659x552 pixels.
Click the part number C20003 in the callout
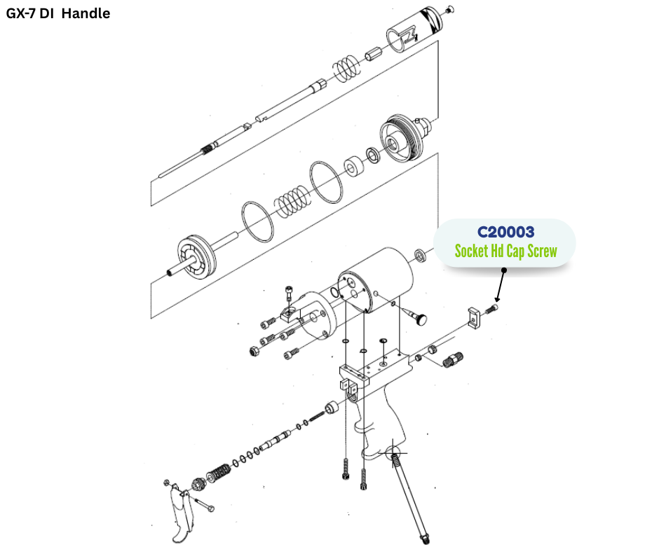[505, 232]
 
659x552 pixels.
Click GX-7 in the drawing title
[24, 13]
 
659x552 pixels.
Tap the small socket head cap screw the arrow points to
[494, 309]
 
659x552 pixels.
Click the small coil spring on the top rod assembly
[345, 68]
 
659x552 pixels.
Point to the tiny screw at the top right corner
[449, 8]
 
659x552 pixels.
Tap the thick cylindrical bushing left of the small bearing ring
[352, 168]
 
